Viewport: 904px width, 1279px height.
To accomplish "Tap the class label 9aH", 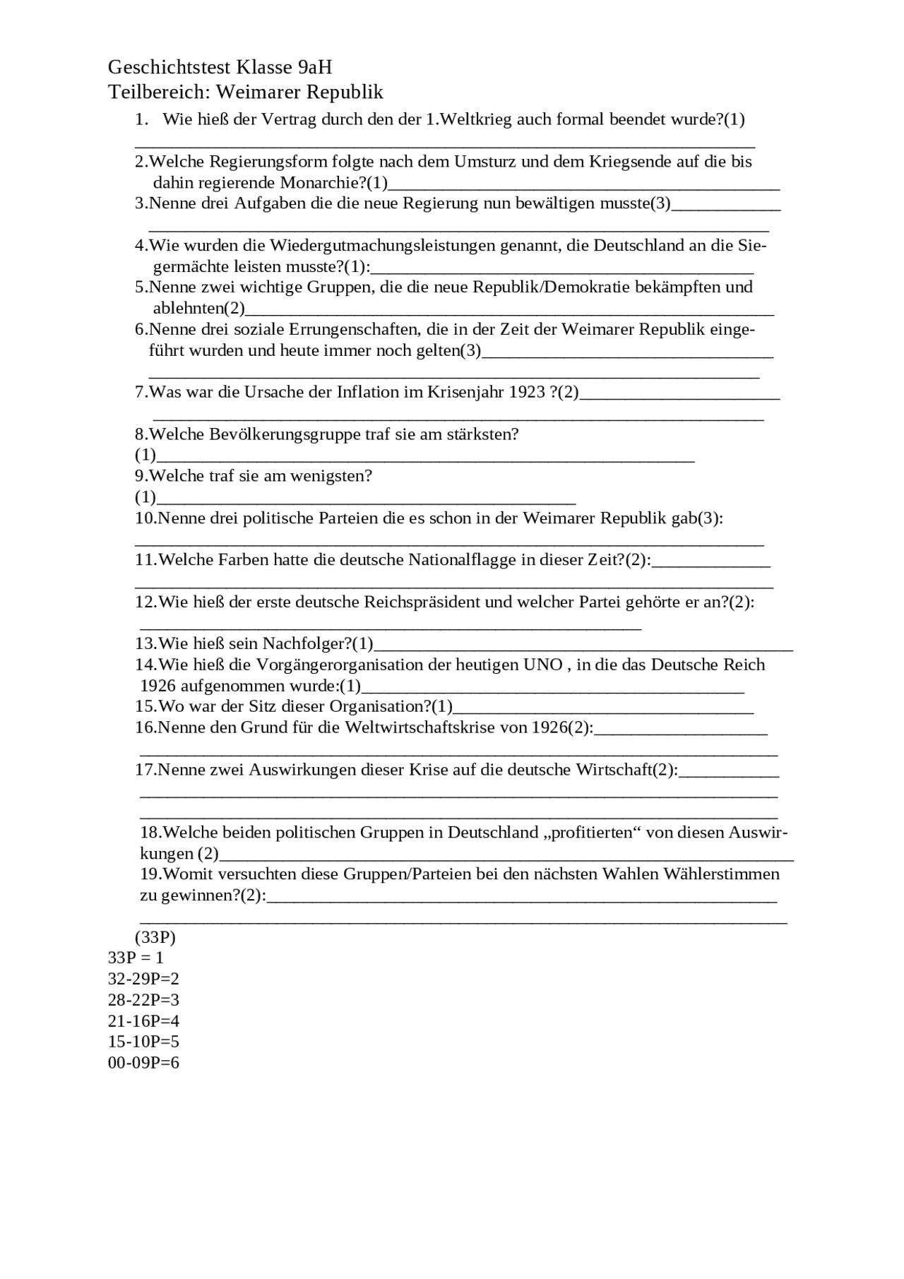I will click(x=315, y=68).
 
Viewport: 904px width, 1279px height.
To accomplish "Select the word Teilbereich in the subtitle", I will click(x=158, y=93).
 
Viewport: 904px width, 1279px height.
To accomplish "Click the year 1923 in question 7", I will click(x=527, y=392).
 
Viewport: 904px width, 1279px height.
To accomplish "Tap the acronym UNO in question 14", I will click(x=542, y=665).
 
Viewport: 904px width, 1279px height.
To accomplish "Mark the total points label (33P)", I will click(x=155, y=938).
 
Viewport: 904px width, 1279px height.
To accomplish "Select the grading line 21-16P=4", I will click(x=143, y=1021).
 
